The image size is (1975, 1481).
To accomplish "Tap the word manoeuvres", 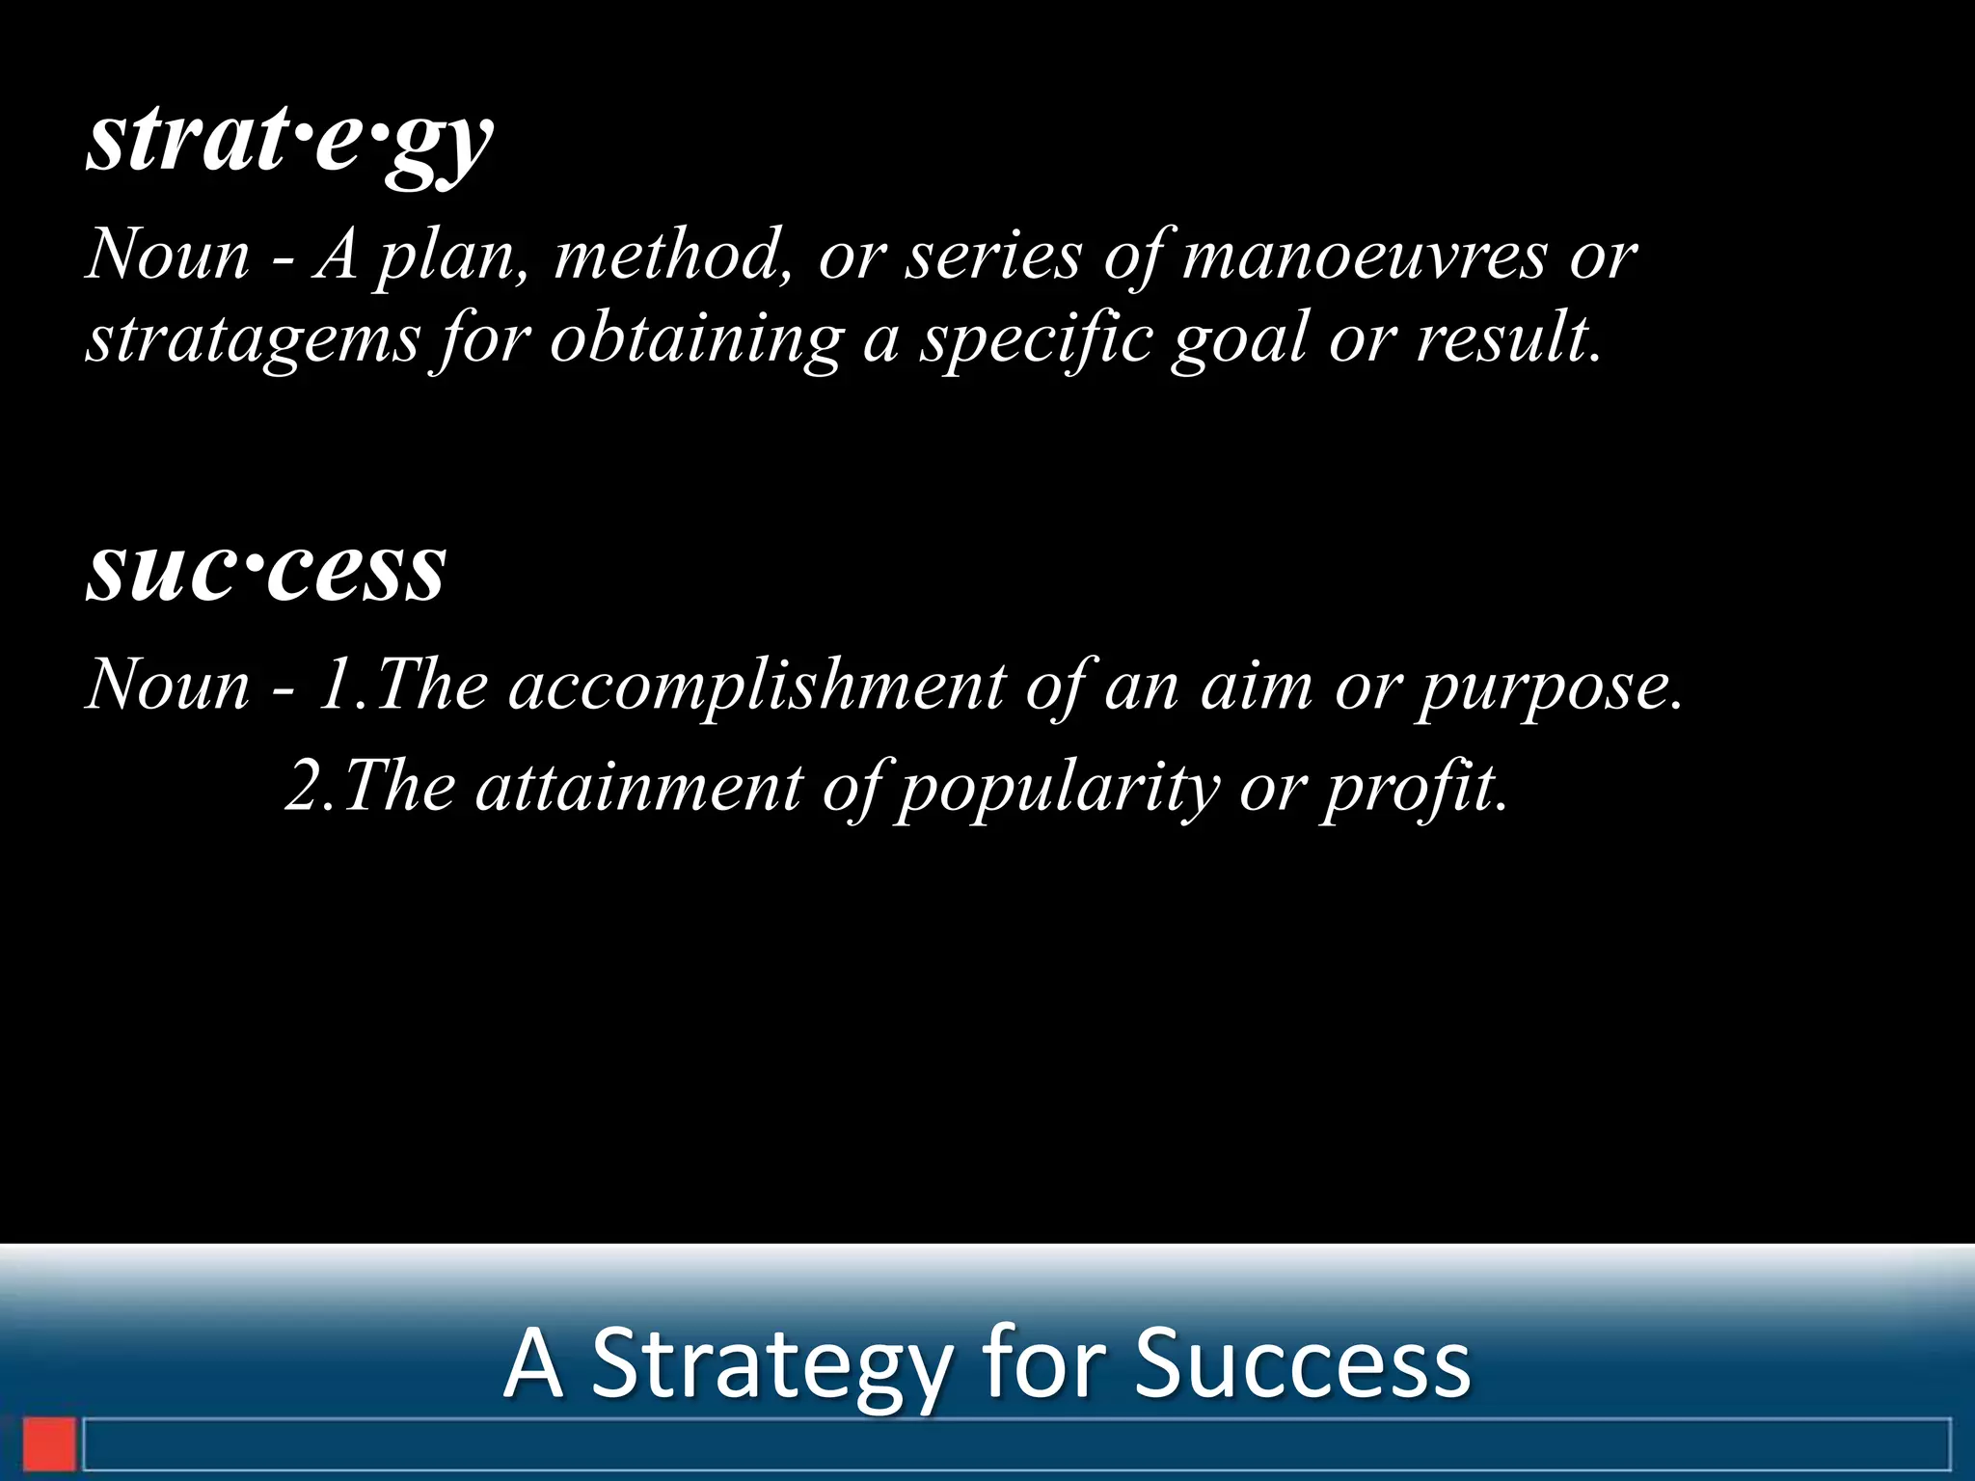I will click(1364, 256).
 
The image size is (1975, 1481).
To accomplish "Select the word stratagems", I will click(253, 339).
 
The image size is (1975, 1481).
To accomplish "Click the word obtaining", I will click(696, 339).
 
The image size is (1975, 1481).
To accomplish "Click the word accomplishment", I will click(756, 686).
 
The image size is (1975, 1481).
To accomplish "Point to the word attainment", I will click(638, 787).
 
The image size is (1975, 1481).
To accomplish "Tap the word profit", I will click(1414, 787).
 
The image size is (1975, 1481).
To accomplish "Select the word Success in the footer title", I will click(1302, 1363).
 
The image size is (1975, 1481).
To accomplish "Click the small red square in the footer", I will click(49, 1443).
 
